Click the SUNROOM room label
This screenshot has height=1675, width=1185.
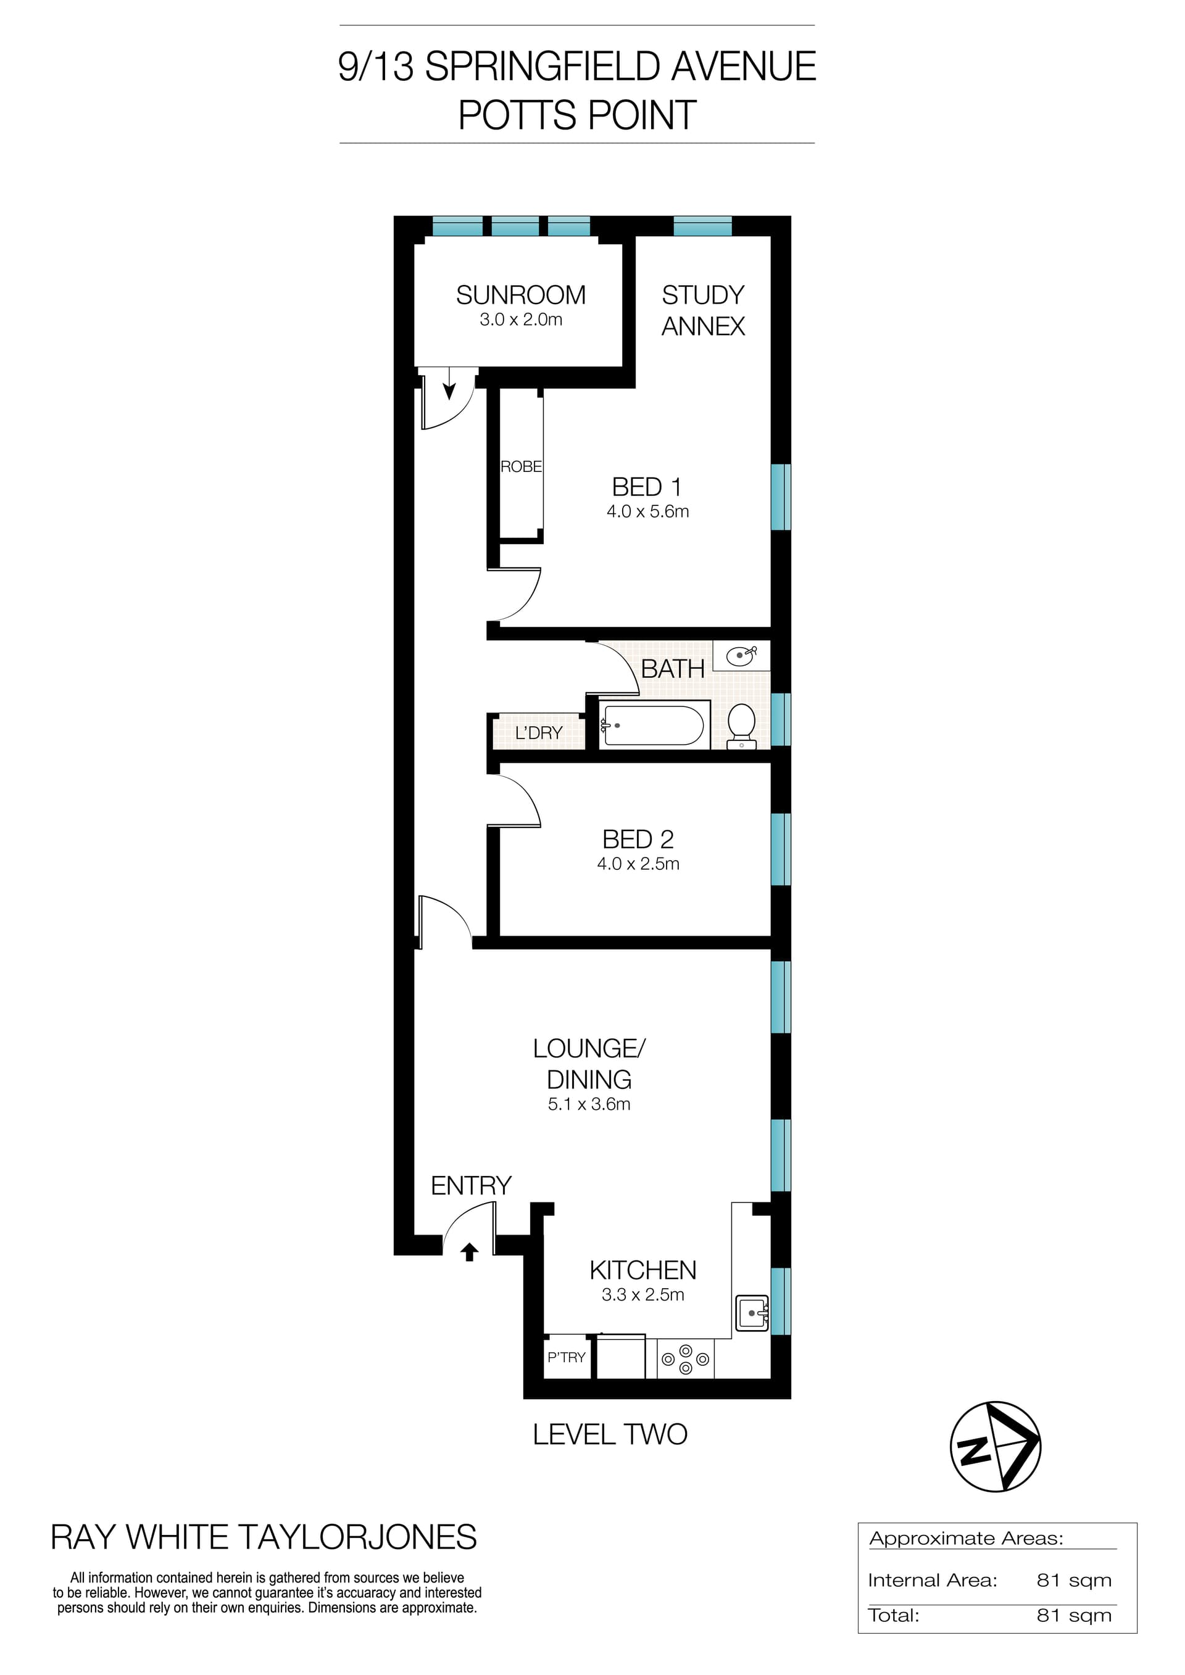coord(520,296)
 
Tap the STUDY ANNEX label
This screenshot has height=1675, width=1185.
coord(703,310)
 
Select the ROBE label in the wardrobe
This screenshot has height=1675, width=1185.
coord(521,467)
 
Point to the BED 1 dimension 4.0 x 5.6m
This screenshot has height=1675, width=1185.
coord(647,511)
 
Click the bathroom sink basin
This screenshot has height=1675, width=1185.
coord(741,655)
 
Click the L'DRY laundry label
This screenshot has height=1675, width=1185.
coord(539,733)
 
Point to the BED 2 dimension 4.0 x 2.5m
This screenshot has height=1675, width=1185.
coord(638,864)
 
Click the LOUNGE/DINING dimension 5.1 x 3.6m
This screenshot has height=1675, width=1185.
coord(589,1104)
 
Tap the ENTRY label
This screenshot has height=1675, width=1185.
coord(471,1186)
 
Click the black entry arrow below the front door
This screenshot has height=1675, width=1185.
coord(469,1252)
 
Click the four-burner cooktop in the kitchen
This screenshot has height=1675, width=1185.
coord(685,1359)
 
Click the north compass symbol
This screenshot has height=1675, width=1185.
coord(996,1446)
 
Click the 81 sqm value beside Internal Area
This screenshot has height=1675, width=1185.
coord(1073,1581)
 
